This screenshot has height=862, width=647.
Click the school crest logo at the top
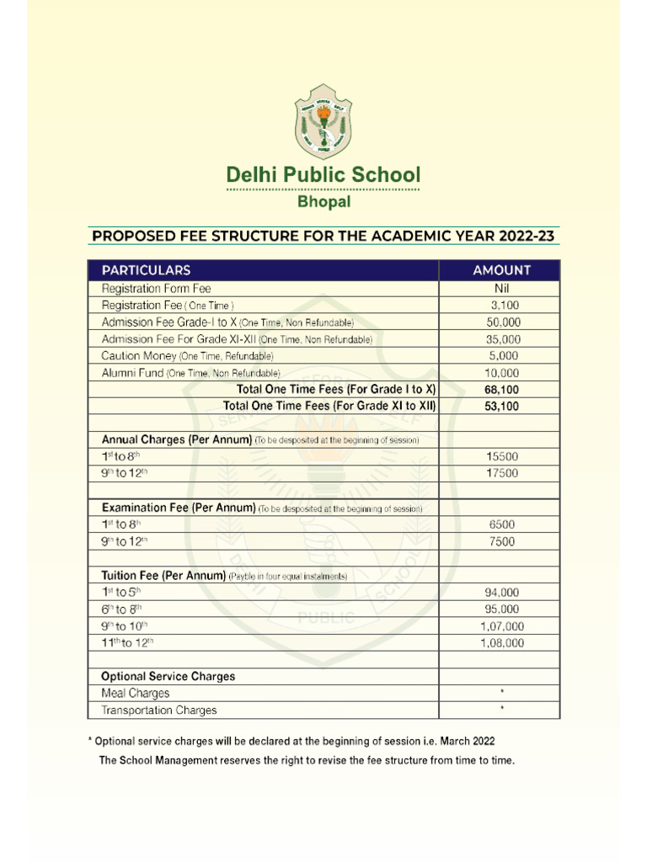point(323,121)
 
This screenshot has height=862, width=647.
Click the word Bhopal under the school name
point(323,202)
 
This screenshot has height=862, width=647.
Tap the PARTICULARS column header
point(146,270)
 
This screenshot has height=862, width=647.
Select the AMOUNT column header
point(501,270)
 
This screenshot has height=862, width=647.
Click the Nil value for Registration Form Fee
point(502,289)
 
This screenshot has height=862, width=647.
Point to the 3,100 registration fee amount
point(505,306)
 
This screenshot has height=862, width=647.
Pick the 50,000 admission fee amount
point(503,322)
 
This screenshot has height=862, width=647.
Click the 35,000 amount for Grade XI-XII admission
point(503,339)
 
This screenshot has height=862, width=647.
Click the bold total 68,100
point(502,390)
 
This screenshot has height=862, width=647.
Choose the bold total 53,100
point(502,407)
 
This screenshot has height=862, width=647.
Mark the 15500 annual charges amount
point(502,456)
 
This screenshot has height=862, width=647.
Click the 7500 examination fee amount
point(502,541)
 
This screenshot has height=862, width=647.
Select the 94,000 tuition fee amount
point(502,592)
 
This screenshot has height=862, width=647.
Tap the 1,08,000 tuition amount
point(502,642)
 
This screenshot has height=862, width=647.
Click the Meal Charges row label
point(135,693)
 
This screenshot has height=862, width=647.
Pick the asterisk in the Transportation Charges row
point(502,710)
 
